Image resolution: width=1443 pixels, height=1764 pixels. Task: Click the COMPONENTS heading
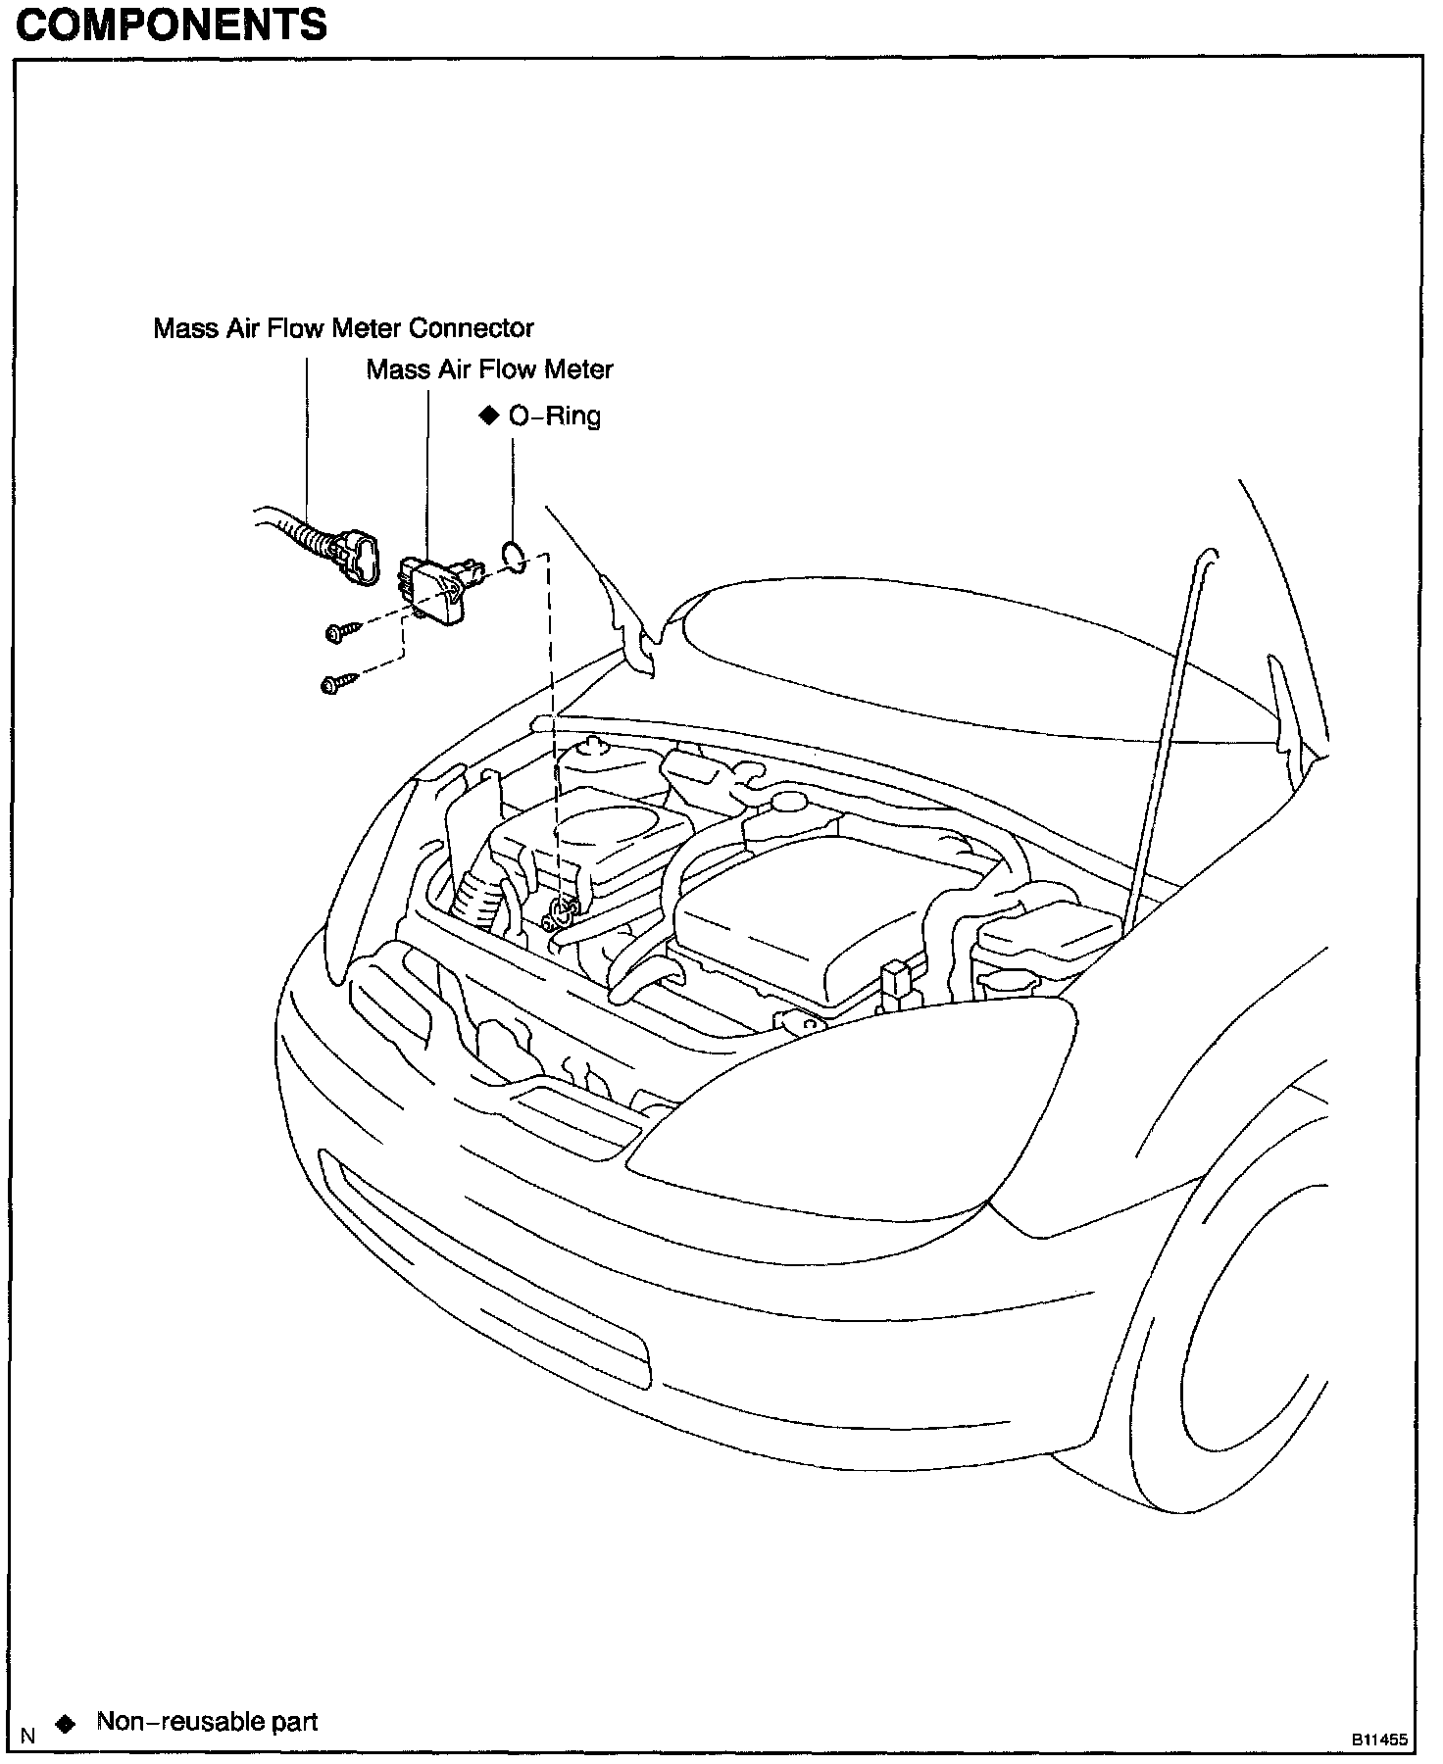(x=172, y=24)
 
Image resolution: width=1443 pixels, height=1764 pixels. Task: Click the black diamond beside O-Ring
(x=489, y=416)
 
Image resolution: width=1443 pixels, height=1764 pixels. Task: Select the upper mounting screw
(x=339, y=632)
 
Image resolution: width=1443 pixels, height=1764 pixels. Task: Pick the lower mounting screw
(x=335, y=684)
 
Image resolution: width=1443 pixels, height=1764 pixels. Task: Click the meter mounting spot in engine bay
(x=562, y=914)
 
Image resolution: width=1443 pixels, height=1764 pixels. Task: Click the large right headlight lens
(x=863, y=1117)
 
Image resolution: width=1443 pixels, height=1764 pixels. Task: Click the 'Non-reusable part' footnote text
(x=207, y=1721)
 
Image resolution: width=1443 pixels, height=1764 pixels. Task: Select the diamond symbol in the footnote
(x=66, y=1724)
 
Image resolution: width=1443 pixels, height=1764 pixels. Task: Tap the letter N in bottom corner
(x=28, y=1736)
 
